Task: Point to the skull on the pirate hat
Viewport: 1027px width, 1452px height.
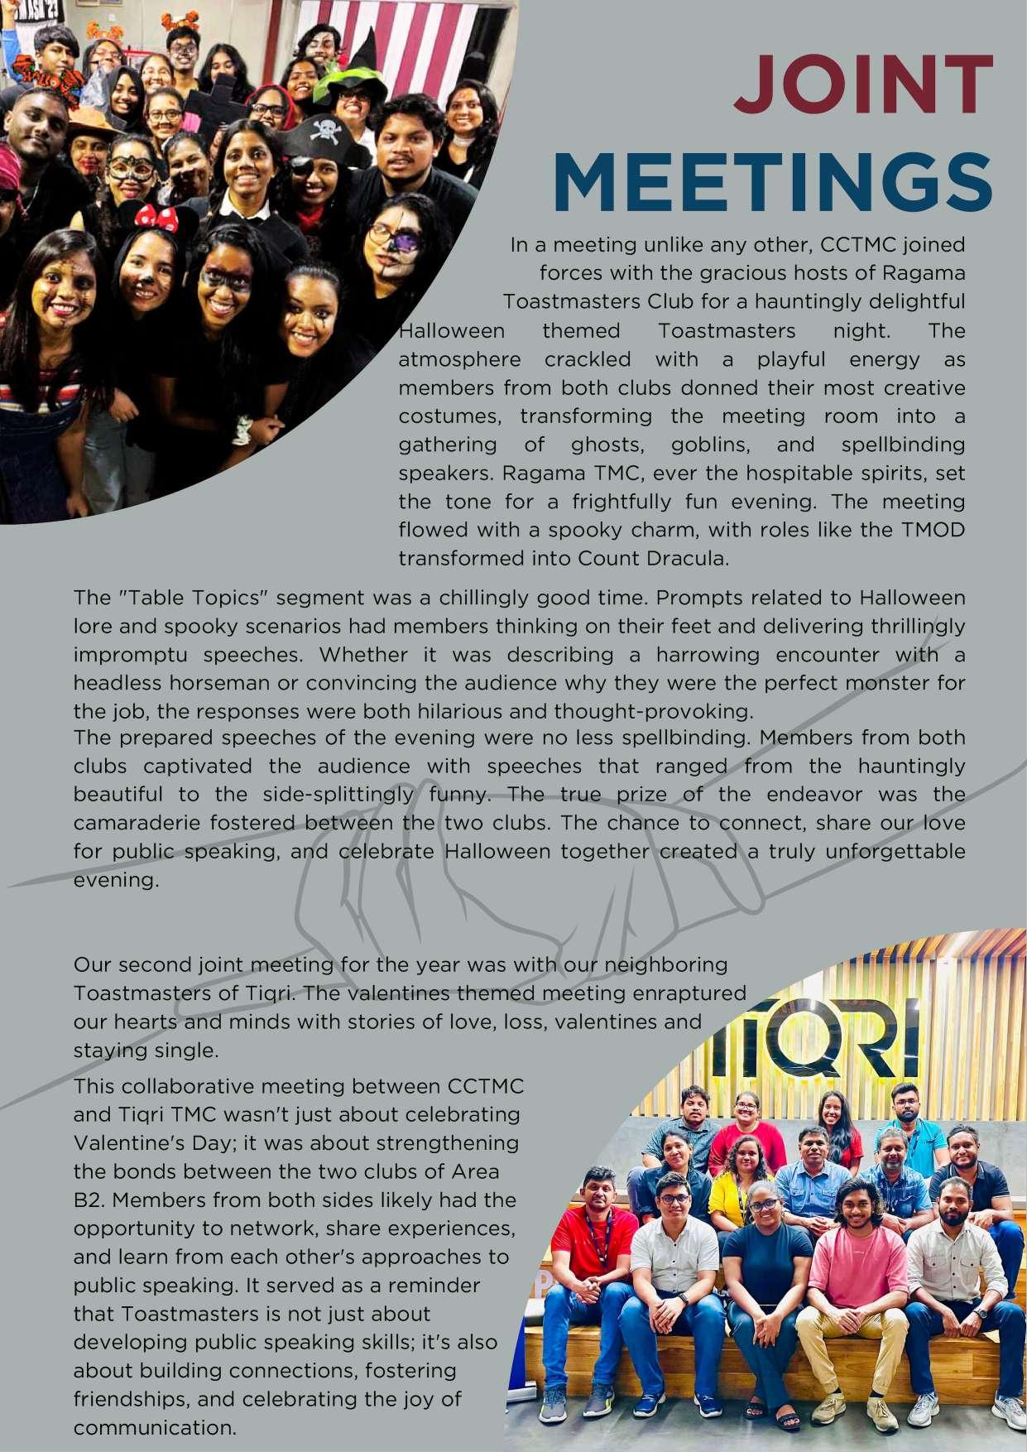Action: [x=328, y=131]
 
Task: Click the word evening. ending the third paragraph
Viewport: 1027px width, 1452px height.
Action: [x=116, y=880]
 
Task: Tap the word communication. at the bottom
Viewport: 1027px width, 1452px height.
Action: [x=155, y=1428]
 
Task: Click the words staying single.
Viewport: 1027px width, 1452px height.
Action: [x=146, y=1051]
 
